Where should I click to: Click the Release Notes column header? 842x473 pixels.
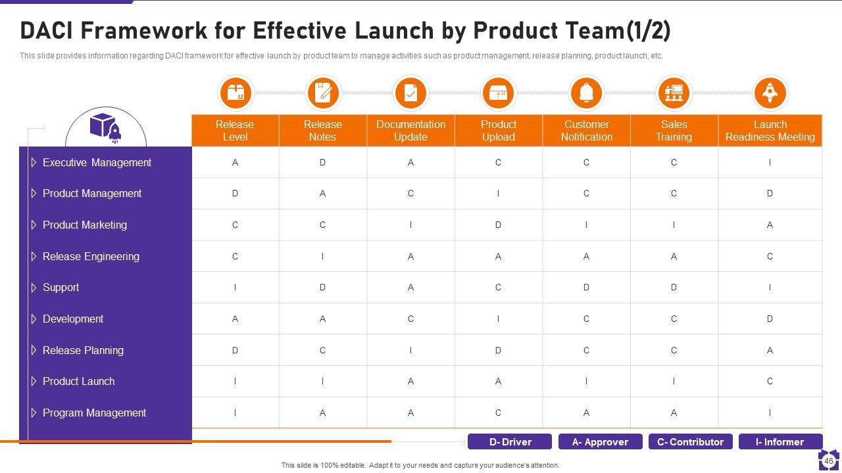pos(322,131)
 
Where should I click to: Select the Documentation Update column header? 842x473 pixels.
pos(410,131)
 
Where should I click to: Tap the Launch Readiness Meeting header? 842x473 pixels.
pos(770,131)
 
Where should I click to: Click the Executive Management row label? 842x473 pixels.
pos(97,162)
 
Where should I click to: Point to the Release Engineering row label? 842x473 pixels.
pos(91,256)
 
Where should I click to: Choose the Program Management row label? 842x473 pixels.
pos(94,413)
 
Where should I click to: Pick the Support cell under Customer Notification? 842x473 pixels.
pos(586,287)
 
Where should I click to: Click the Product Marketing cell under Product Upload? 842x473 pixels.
pos(498,225)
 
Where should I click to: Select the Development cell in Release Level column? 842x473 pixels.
pos(235,319)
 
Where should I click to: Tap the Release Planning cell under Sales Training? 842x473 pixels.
pos(674,350)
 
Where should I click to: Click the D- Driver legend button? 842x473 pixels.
pos(510,442)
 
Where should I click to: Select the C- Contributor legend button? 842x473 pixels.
pos(690,442)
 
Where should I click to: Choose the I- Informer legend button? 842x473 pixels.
pos(780,442)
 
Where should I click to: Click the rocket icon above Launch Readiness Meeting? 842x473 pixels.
pos(770,93)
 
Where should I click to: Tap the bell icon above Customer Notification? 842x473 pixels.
pos(586,93)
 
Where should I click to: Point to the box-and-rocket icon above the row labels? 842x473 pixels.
pos(105,128)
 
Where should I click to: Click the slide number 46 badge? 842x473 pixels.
pos(829,461)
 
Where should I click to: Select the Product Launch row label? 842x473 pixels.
pos(78,381)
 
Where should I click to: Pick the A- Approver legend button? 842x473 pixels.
pos(600,442)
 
